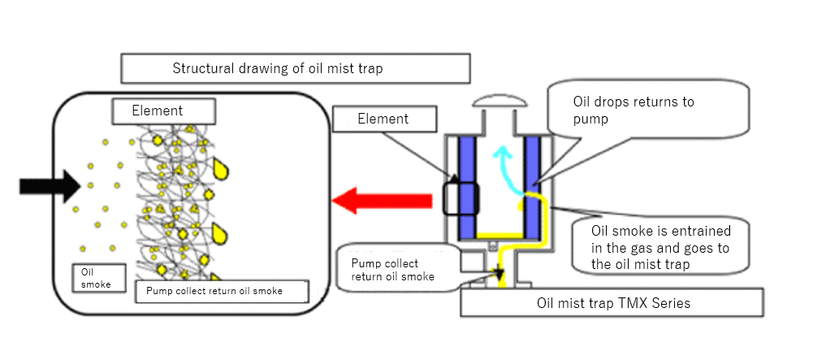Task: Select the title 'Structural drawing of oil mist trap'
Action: tap(295, 68)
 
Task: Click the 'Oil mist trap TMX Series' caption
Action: tap(611, 302)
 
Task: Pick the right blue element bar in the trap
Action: tap(533, 186)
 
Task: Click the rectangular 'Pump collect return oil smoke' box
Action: tap(222, 291)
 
